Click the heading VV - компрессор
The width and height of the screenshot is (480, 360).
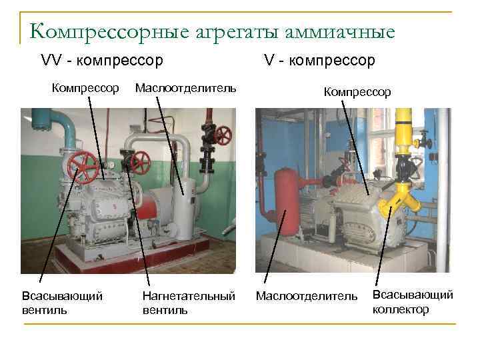pos(101,61)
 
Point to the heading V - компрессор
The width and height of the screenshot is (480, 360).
pos(319,61)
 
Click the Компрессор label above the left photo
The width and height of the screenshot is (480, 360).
pos(86,88)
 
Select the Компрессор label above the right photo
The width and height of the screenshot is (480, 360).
pos(357,92)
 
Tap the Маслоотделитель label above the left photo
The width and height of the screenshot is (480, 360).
pos(185,88)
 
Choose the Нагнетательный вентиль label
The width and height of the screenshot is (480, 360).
pos(189,303)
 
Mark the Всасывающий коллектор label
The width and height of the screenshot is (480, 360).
pos(412,302)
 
